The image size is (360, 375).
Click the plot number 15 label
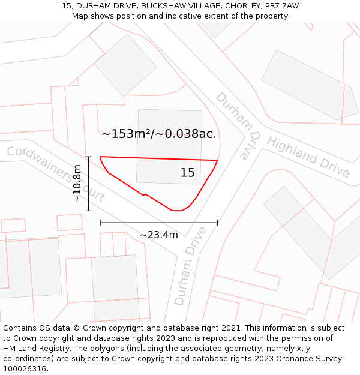[x=188, y=173]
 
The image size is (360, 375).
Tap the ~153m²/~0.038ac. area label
[x=158, y=134]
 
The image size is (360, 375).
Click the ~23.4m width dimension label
[x=159, y=235]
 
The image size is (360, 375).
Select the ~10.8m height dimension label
[x=77, y=184]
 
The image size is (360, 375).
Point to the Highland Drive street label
[x=308, y=156]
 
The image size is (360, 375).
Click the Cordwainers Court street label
[x=56, y=174]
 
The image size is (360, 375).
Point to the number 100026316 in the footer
[x=23, y=369]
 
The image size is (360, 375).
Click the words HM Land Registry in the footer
[x=33, y=349]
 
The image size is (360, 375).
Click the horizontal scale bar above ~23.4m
[x=159, y=223]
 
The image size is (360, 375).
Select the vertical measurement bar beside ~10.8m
[x=89, y=184]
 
